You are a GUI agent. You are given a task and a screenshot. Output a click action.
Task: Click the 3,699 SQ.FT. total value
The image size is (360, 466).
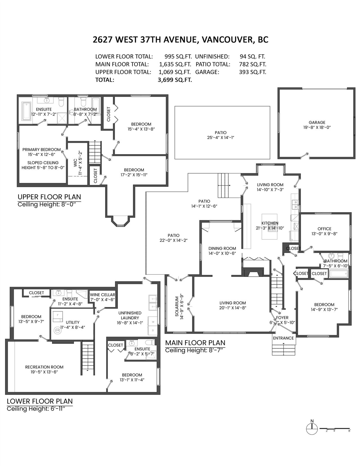point(175,80)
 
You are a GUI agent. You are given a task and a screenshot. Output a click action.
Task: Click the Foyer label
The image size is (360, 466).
point(282,318)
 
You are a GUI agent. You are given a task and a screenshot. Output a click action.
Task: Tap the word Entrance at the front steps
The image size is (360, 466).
point(283,338)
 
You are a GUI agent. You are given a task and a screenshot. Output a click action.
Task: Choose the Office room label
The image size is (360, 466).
point(325,229)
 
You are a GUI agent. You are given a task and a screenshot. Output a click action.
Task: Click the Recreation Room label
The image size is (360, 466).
point(44,367)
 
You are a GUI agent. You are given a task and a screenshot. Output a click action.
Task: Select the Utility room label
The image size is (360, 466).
point(73,322)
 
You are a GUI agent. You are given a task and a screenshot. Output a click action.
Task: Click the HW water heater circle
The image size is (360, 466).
point(57,330)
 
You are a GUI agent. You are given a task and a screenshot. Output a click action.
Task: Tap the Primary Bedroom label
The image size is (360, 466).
point(42,149)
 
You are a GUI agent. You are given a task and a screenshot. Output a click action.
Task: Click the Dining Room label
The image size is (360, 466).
point(222,248)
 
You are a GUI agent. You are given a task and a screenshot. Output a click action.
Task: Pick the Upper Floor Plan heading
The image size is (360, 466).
point(49,197)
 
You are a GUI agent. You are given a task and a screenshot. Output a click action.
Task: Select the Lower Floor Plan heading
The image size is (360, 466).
point(40,401)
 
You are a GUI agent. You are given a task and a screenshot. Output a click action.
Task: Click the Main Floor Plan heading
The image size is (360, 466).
point(195,343)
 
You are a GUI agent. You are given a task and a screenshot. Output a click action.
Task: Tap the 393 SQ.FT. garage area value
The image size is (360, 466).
point(253,72)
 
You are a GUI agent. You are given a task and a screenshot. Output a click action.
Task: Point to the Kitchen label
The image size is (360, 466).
point(270,223)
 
